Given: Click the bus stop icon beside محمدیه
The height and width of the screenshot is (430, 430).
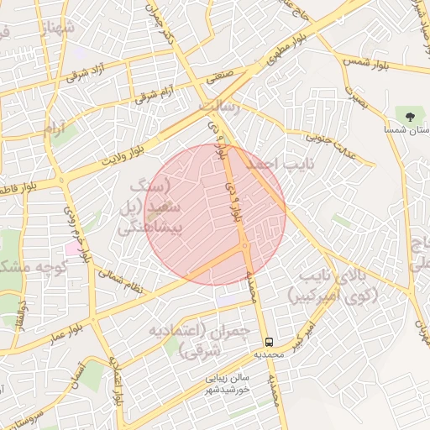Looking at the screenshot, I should pyautogui.click(x=269, y=342).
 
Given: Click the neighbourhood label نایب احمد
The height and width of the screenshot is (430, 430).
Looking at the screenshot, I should pyautogui.click(x=269, y=165).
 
